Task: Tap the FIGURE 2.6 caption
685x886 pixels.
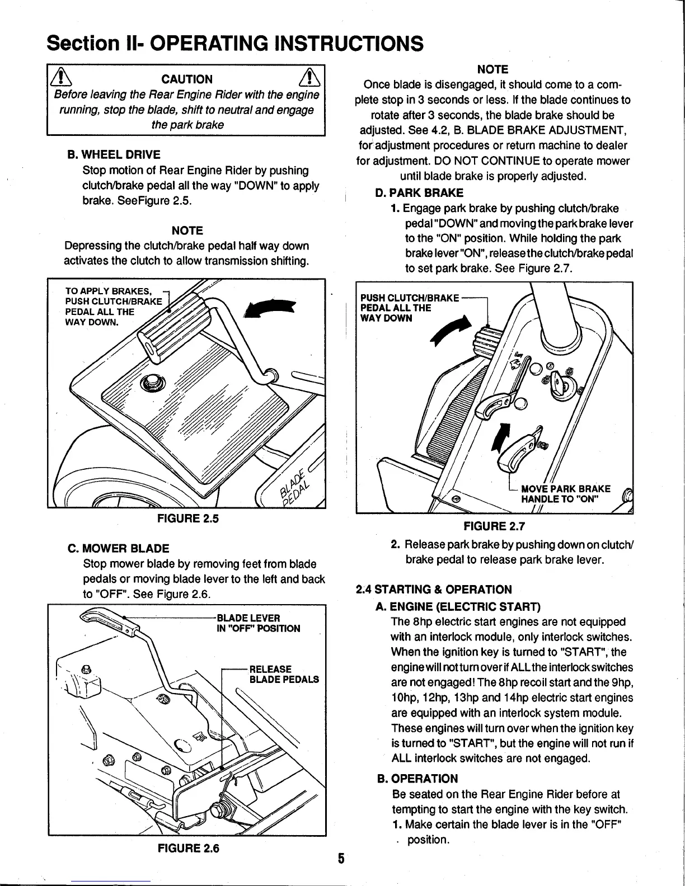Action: (188, 849)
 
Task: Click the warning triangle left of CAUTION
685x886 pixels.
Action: (59, 78)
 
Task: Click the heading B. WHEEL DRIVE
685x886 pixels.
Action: (114, 154)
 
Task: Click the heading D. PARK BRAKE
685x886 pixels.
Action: (419, 193)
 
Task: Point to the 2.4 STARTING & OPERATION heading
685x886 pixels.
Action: (434, 589)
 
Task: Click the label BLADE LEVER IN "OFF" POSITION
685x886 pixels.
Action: (258, 623)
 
